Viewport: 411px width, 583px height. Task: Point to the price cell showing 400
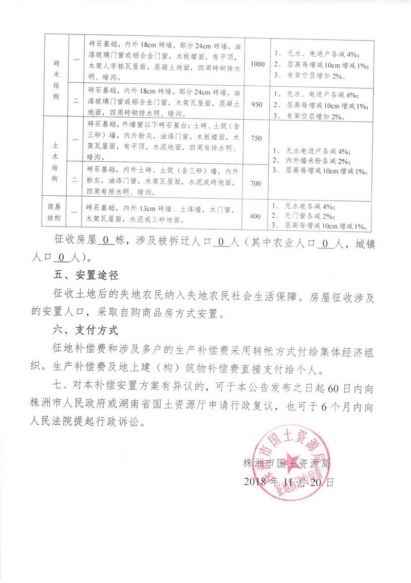point(255,216)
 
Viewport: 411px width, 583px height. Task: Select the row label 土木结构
point(57,159)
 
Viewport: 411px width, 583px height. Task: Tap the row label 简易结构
point(54,213)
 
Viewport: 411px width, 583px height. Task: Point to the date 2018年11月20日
point(289,482)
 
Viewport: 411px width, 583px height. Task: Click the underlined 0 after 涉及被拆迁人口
point(219,240)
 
